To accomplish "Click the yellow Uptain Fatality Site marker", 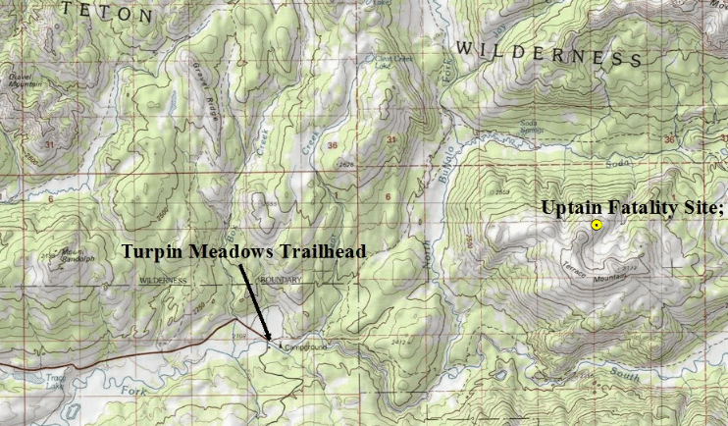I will (597, 226).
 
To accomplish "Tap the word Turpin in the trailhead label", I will (148, 252).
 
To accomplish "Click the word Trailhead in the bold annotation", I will (319, 252).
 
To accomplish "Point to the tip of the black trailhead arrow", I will (270, 343).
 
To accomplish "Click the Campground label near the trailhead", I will (303, 347).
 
